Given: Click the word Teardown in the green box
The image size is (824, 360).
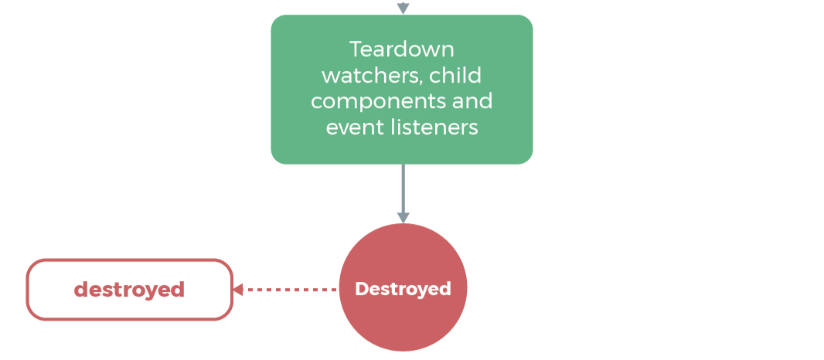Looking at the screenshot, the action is [401, 50].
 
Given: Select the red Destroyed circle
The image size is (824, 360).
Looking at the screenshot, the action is [403, 324].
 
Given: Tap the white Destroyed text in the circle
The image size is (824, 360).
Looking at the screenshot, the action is [403, 289].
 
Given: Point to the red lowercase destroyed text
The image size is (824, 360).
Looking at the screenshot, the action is [129, 290].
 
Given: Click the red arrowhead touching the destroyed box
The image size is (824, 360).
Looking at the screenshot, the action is [238, 290].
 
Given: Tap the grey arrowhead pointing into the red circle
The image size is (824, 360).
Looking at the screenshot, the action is [403, 219].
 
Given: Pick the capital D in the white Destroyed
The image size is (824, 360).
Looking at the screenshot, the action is [360, 289].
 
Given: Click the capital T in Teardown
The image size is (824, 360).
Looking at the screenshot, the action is [355, 50].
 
